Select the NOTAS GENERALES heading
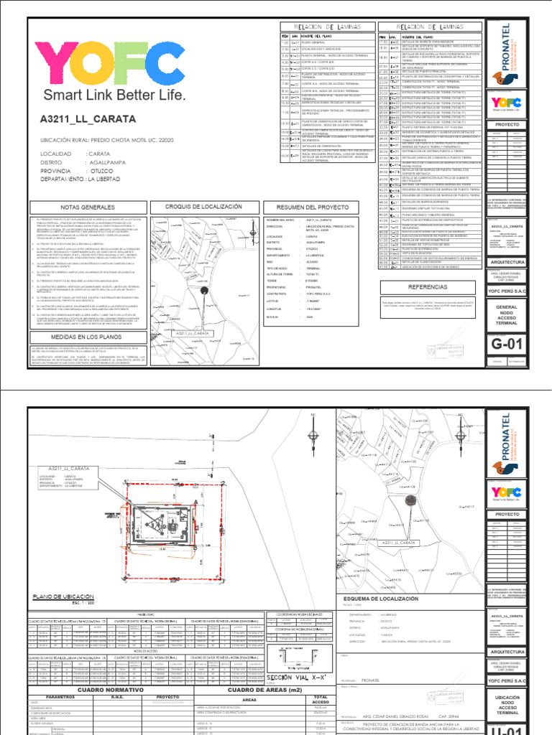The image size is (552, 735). tap(88, 207)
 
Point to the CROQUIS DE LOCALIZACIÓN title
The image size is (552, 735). tap(203, 207)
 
